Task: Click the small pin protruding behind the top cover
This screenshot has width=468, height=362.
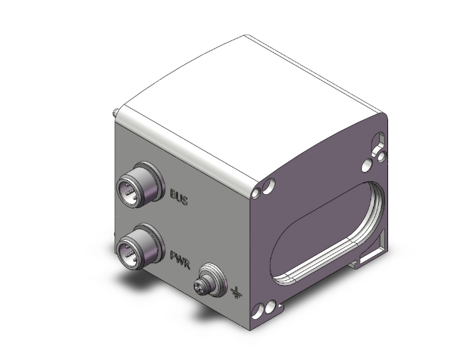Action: coord(114,113)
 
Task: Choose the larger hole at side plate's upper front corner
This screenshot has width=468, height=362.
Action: coord(269,186)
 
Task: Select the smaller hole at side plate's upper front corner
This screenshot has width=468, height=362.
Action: coord(258,191)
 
